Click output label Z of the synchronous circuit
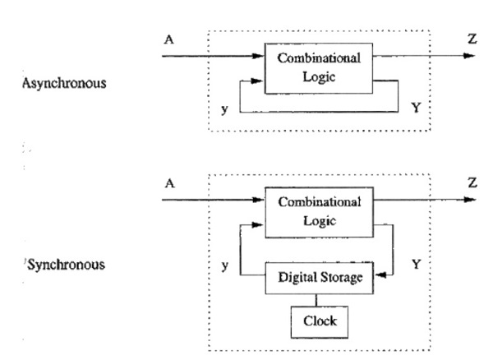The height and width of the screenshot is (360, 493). point(471,182)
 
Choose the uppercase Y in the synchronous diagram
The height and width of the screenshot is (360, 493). point(414,265)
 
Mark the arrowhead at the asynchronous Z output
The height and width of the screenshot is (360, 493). point(469,56)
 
